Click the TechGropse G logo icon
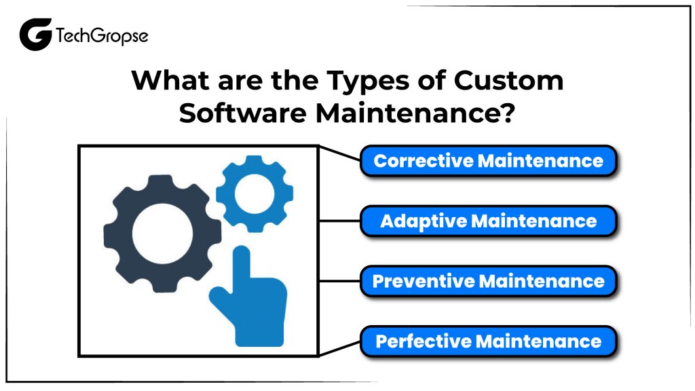coord(35,35)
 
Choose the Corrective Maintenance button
coord(488,161)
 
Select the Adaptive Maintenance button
coord(488,221)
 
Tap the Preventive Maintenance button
coord(488,280)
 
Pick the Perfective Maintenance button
coord(488,340)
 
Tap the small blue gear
coord(255,194)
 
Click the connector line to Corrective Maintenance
coord(339,154)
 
